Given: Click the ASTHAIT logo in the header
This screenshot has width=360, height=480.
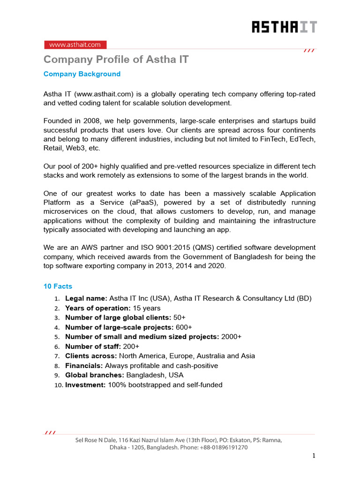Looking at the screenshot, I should pos(284,27).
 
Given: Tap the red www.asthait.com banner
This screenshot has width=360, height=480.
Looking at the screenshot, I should pos(75,45).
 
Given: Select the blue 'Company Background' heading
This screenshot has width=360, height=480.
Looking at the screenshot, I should pos(82,74).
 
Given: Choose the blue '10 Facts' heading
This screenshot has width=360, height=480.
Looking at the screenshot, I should pos(58,286).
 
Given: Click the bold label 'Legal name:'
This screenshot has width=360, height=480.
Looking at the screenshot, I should pos(86,299).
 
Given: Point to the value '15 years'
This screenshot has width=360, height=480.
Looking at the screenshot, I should pos(146,308).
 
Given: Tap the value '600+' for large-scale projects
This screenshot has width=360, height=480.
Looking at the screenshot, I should pos(184,327).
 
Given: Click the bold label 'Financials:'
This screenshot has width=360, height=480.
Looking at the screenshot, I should pos(84,366).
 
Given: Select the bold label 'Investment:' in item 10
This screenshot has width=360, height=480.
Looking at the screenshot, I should pos(85,385).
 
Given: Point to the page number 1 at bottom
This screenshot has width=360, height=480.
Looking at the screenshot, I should pos(314,456).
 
